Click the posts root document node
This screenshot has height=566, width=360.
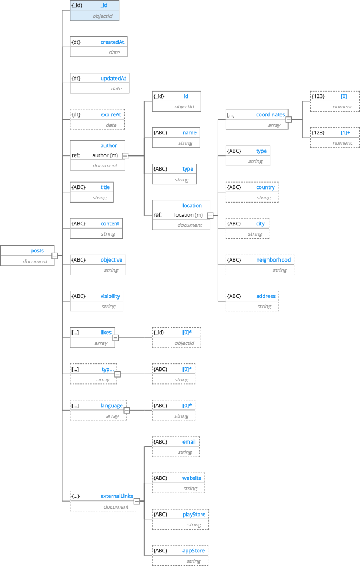pos(27,256)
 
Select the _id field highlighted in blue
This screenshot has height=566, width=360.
pos(94,10)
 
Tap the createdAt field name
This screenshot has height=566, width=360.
pos(113,42)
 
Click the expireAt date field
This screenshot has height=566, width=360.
pos(97,120)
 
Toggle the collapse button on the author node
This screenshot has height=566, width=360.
pos(125,156)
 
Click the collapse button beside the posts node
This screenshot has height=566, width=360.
pos(55,256)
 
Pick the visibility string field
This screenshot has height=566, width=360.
pos(96,301)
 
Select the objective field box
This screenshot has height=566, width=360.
pos(97,265)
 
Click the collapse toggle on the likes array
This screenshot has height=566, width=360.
pos(114,338)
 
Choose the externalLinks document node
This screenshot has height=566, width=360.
pos(102,501)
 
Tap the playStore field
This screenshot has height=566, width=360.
pos(180,519)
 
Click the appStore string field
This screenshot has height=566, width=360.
pos(180,555)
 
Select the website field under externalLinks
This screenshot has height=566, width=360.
pos(178,483)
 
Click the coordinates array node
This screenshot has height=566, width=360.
pos(256,120)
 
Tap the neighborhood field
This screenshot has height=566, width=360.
pos(260,265)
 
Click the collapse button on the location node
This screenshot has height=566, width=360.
pos(210,215)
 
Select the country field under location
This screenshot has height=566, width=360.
pos(252,192)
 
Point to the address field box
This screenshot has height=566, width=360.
pos(252,301)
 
